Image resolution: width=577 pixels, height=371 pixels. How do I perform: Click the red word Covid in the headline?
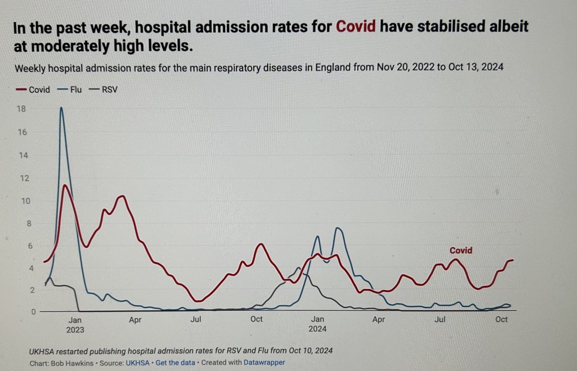pyautogui.click(x=356, y=26)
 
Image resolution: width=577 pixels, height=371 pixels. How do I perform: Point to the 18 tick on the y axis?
pyautogui.click(x=21, y=109)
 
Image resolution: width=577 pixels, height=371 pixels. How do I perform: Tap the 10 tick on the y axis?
pyautogui.click(x=21, y=201)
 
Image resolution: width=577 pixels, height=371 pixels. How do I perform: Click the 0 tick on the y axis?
pyautogui.click(x=24, y=311)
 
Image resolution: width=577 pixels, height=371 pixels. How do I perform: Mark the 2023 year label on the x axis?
pyautogui.click(x=75, y=329)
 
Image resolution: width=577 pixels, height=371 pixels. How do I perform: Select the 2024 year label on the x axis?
pyautogui.click(x=318, y=329)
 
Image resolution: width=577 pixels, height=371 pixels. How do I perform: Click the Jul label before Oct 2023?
pyautogui.click(x=196, y=320)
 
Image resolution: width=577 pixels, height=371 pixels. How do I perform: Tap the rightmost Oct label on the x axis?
pyautogui.click(x=501, y=320)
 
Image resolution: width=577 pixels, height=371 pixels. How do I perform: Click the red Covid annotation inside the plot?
pyautogui.click(x=460, y=251)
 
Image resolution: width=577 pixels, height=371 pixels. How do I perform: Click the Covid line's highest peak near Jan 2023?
pyautogui.click(x=66, y=185)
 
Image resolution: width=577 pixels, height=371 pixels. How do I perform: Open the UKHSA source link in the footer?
pyautogui.click(x=137, y=363)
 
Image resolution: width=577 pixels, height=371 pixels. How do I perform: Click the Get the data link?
pyautogui.click(x=175, y=363)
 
